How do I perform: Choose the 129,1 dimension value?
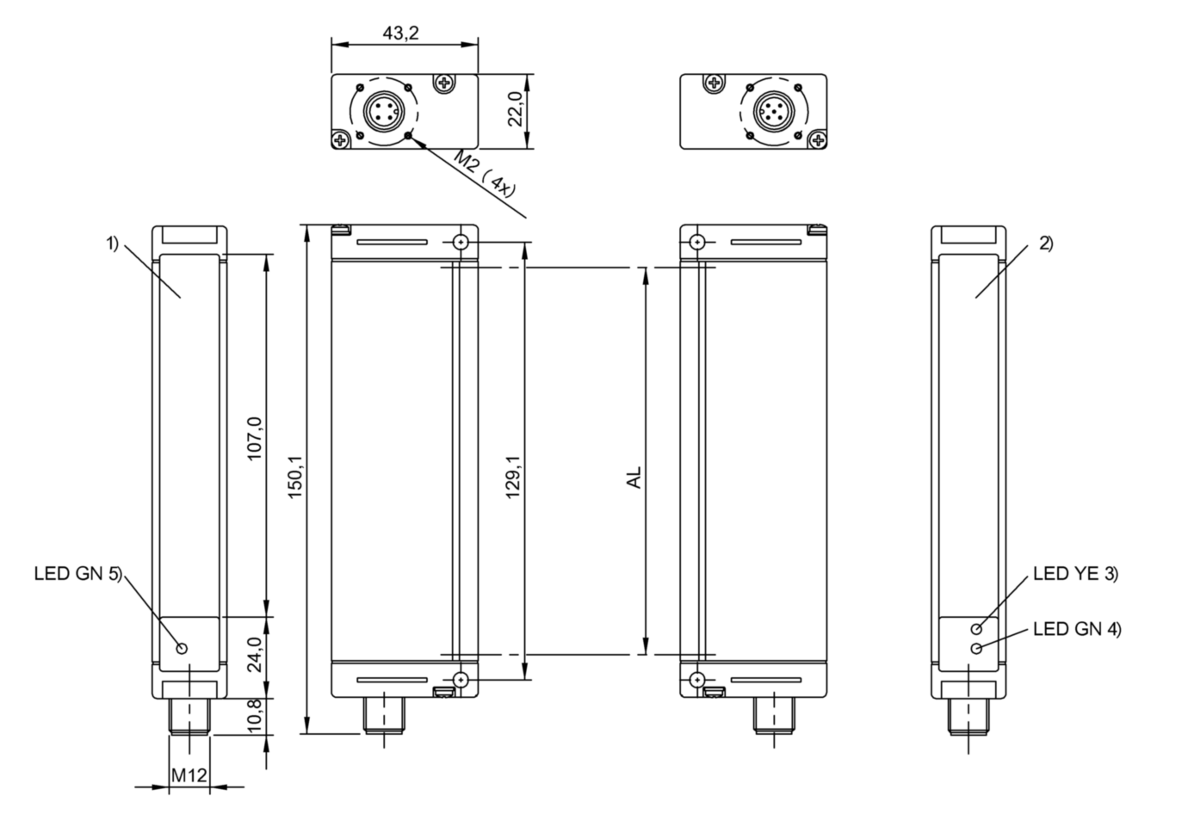(513, 481)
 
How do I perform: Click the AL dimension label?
(634, 478)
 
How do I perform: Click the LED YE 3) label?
(1075, 574)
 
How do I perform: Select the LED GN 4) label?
(1077, 629)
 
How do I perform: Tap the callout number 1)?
(113, 244)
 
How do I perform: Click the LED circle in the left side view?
(182, 648)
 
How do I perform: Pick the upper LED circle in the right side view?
(976, 630)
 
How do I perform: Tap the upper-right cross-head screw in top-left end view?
(444, 83)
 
